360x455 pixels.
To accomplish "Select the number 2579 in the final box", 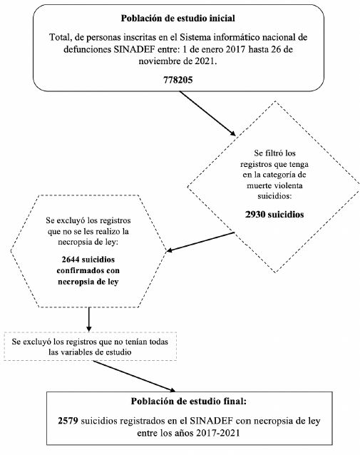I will [x=70, y=421].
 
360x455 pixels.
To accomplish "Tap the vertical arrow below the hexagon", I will [x=88, y=318].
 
